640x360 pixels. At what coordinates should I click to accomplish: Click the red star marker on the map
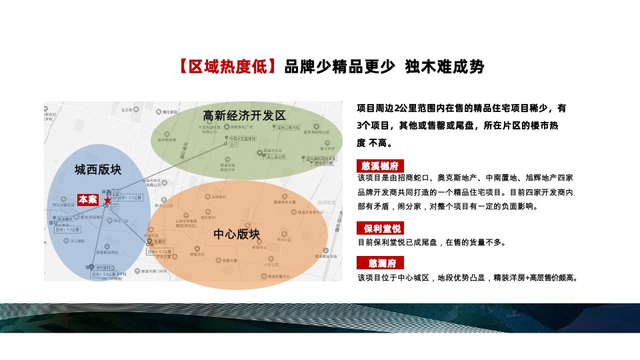pyautogui.click(x=107, y=199)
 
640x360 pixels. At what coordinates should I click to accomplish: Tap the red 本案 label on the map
pyautogui.click(x=88, y=199)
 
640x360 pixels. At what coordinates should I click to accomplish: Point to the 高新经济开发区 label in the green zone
pyautogui.click(x=244, y=115)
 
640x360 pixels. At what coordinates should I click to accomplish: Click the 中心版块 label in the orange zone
pyautogui.click(x=237, y=234)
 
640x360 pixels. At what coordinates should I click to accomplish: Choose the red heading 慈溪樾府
pyautogui.click(x=381, y=165)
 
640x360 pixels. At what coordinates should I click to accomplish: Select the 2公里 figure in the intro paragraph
pyautogui.click(x=405, y=108)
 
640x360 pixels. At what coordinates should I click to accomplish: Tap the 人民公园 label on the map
pyautogui.click(x=269, y=265)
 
